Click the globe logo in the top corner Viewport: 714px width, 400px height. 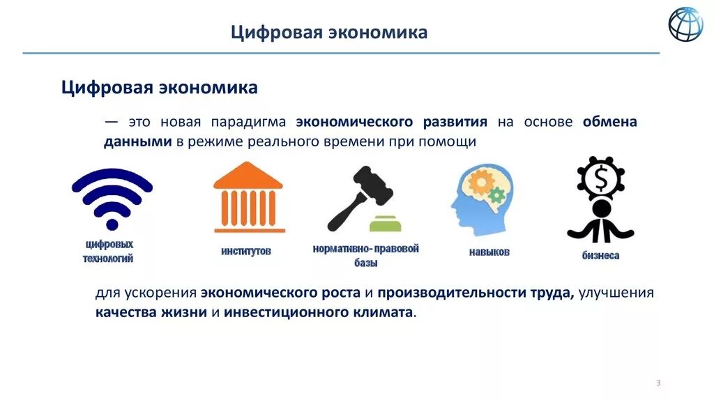point(685,24)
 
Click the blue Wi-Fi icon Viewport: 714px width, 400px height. point(112,199)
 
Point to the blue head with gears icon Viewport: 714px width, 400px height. point(480,199)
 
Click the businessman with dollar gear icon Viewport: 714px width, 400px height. point(600,199)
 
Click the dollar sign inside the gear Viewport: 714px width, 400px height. point(601,180)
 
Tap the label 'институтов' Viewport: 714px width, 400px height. point(246,251)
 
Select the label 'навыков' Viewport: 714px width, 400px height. point(489,252)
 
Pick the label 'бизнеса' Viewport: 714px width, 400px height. point(600,256)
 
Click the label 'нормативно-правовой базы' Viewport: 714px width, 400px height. point(365,255)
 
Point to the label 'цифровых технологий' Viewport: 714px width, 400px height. point(108,251)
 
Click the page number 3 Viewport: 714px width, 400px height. point(658,383)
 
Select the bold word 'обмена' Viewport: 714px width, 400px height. point(609,122)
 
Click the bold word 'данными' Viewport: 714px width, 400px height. point(138,141)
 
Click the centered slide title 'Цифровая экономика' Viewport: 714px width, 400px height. point(329,33)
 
